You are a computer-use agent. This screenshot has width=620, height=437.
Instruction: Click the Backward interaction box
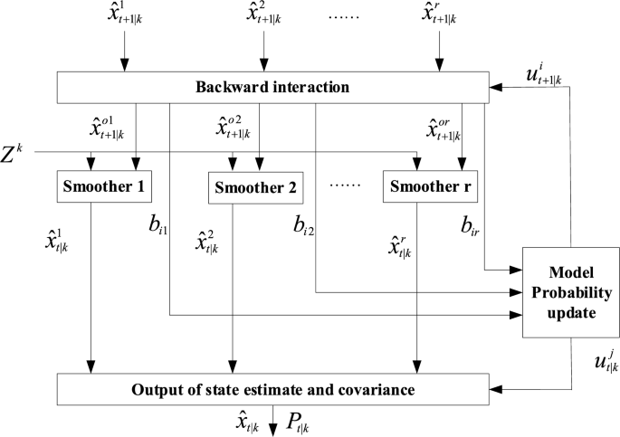[271, 87]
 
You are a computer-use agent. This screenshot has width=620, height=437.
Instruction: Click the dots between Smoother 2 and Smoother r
[345, 185]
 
